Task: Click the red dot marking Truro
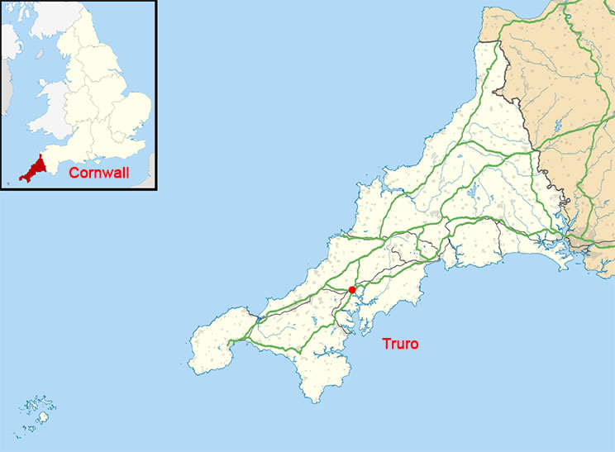(x=352, y=289)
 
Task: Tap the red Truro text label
(x=400, y=344)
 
